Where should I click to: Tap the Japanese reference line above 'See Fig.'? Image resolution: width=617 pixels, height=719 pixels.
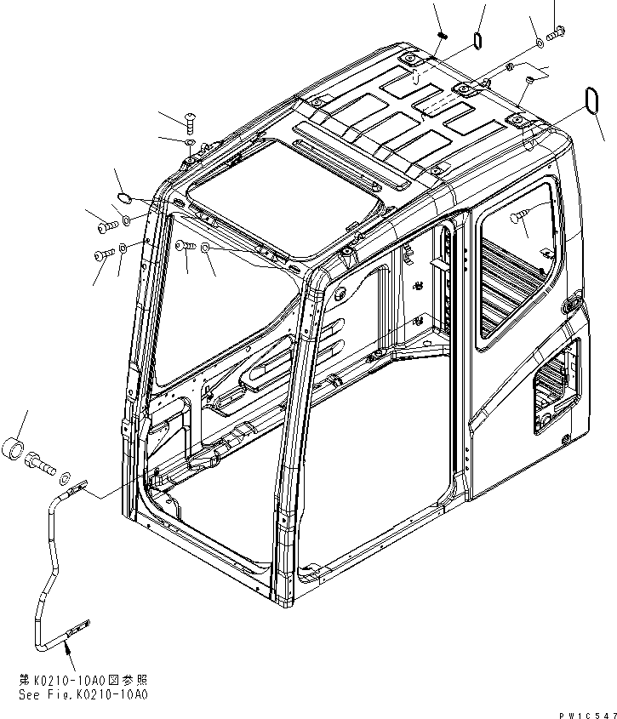pos(81,682)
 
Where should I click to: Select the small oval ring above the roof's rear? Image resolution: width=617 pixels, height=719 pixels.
pos(478,40)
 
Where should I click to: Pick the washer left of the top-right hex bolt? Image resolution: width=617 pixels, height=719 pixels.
pos(540,43)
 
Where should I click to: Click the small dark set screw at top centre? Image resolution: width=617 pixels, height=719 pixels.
pos(443,34)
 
